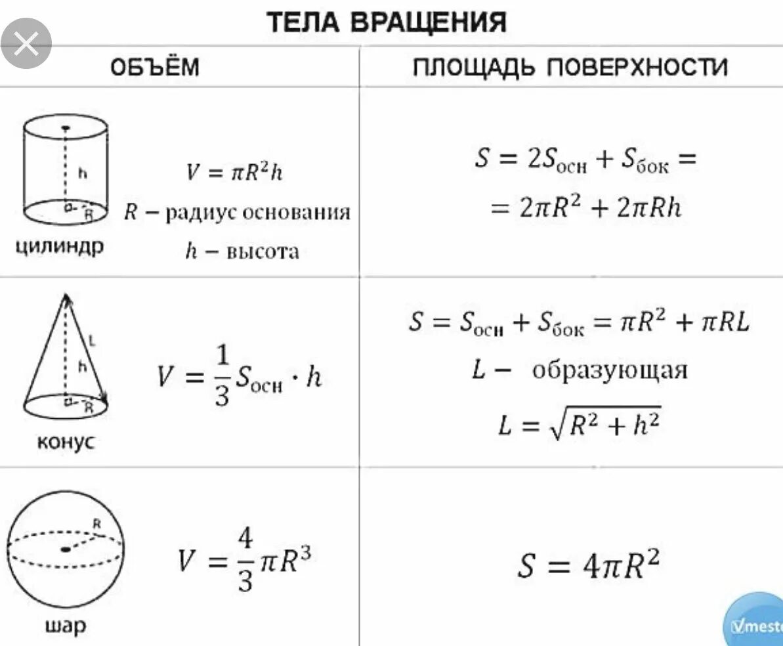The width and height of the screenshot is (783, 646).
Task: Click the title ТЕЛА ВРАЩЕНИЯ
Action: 387,23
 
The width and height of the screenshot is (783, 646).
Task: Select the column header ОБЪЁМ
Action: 154,67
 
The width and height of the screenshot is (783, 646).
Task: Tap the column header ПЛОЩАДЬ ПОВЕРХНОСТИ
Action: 570,67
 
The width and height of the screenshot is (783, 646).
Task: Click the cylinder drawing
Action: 65,169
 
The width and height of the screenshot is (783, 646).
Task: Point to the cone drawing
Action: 66,358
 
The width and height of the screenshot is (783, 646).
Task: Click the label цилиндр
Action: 60,248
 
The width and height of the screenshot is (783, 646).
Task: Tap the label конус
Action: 66,441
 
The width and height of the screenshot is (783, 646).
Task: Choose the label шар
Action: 65,626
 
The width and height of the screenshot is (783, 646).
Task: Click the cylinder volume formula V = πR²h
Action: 234,172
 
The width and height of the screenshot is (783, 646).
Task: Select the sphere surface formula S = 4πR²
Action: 587,565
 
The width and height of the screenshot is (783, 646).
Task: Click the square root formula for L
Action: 579,425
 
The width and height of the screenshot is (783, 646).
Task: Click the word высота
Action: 263,251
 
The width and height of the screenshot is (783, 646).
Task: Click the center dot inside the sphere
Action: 65,549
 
